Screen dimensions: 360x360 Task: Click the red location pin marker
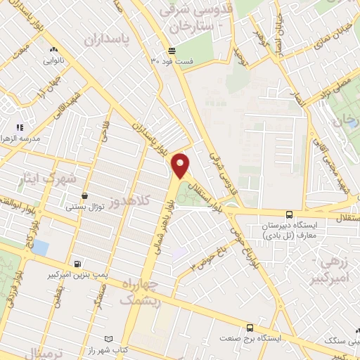pyautogui.click(x=181, y=165)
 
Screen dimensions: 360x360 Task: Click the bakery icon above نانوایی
pyautogui.click(x=53, y=50)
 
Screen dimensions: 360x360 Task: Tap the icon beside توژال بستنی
pyautogui.click(x=85, y=195)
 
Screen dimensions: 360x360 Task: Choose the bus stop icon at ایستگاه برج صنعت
pyautogui.click(x=250, y=327)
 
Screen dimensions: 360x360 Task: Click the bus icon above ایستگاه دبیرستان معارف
pyautogui.click(x=289, y=214)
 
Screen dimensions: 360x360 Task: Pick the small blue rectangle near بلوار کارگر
pyautogui.click(x=40, y=248)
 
